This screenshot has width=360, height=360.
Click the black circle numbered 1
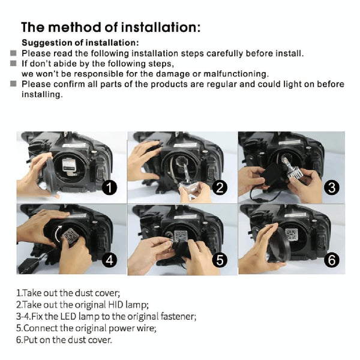pos(110,187)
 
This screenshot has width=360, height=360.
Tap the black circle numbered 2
pos(220,187)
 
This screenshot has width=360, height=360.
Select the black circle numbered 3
pos(332,187)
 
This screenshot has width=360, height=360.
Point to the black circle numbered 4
pos(110,260)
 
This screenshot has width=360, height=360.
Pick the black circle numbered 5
pos(220,260)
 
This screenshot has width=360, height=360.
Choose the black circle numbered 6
pos(332,260)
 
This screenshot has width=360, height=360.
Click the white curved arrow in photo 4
pos(57,234)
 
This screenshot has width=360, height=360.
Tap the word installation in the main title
pos(160,27)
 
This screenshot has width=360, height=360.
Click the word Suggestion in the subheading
pos(47,43)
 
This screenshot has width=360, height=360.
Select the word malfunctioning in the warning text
pos(236,74)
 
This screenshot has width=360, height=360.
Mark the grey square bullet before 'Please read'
pos(13,53)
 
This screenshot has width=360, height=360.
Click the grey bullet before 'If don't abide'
pos(13,64)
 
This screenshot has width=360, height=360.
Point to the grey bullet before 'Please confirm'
pos(13,84)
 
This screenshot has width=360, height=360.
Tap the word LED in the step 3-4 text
pos(68,316)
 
